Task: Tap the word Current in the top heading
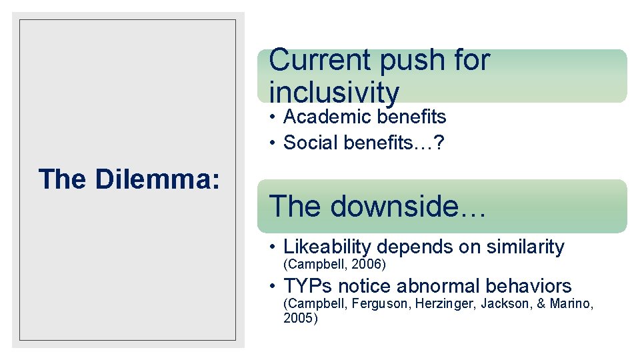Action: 320,60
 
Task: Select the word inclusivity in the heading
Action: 334,92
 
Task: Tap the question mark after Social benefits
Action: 441,143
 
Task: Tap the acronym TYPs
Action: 308,287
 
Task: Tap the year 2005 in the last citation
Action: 298,318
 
